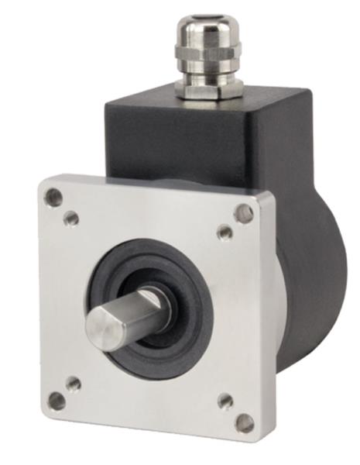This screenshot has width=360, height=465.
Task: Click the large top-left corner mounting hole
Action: (53, 197)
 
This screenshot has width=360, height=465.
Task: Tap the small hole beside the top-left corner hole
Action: (71, 219)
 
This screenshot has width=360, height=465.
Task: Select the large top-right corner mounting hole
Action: (244, 213)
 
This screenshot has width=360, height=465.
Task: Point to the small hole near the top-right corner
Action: (225, 232)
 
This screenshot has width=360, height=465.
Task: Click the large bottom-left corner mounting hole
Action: (57, 401)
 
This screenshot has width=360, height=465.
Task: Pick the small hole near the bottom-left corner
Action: (74, 384)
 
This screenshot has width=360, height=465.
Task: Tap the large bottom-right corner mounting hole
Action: (244, 423)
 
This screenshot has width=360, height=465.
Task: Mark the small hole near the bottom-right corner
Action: (225, 401)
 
